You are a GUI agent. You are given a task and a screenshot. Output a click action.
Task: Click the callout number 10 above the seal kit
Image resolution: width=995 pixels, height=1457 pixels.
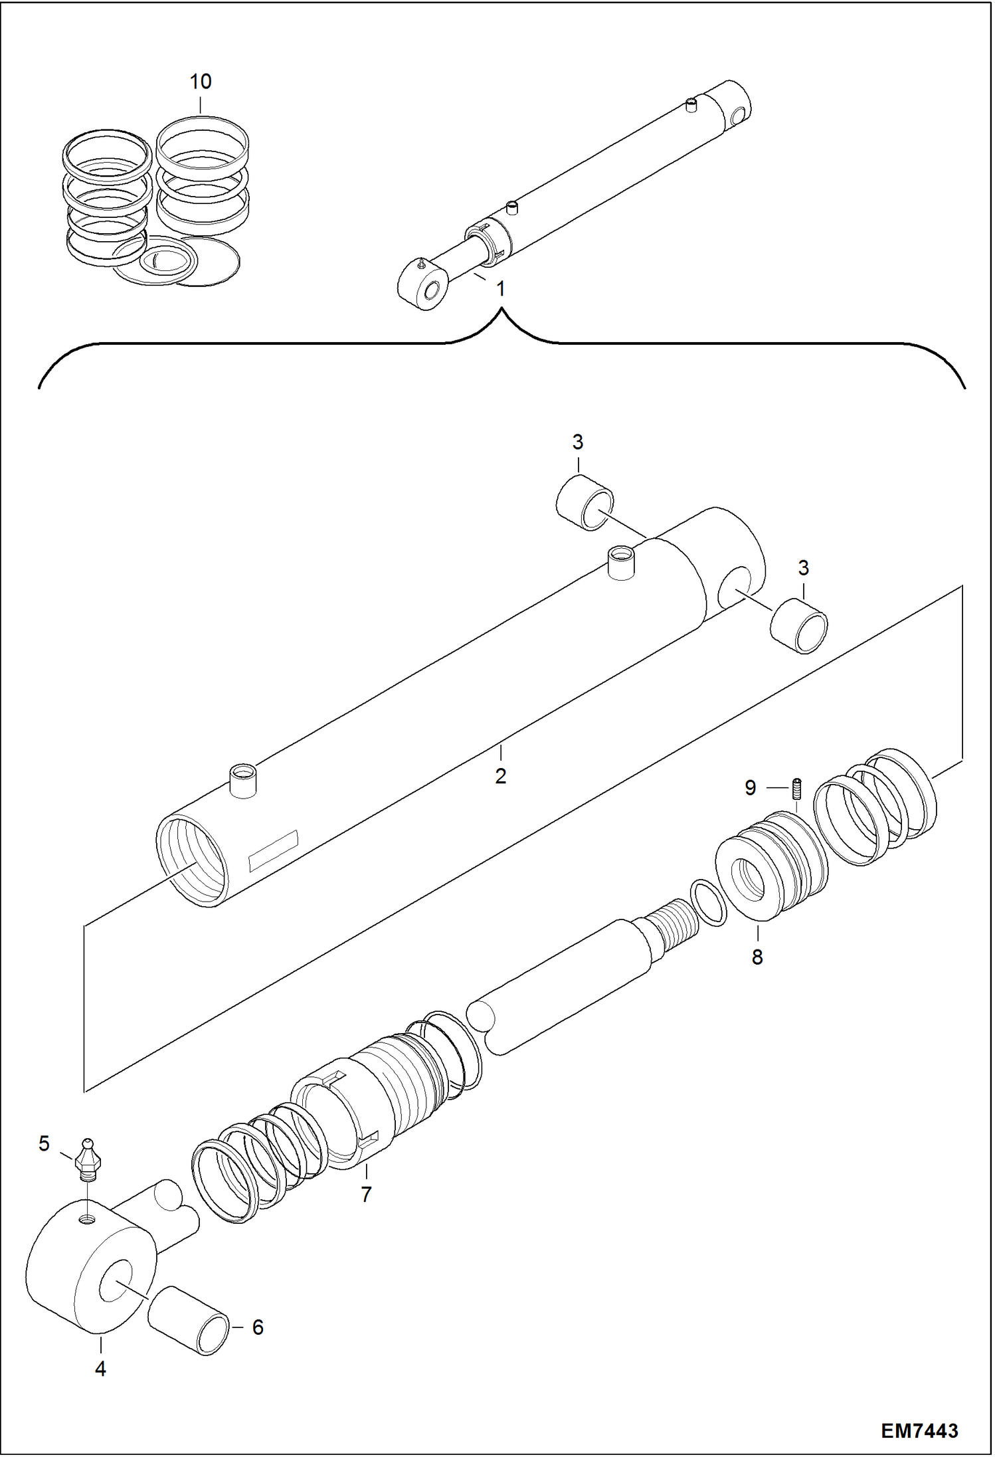click(201, 82)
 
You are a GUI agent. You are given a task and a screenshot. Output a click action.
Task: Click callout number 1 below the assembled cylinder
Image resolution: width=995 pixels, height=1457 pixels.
click(500, 289)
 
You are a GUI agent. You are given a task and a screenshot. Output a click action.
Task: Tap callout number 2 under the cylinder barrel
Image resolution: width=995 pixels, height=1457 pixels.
click(500, 775)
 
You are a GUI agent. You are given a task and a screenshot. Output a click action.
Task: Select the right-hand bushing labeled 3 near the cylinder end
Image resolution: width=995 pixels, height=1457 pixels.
click(799, 626)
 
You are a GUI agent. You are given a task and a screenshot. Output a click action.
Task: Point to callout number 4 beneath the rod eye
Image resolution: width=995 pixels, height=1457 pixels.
click(100, 1369)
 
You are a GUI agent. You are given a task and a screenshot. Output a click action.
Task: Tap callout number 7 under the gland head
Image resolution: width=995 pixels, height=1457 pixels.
click(366, 1194)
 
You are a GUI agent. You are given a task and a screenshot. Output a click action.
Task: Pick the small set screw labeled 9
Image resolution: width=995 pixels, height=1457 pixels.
click(798, 789)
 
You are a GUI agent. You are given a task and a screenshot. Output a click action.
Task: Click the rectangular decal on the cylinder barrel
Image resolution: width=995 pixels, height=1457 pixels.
click(273, 851)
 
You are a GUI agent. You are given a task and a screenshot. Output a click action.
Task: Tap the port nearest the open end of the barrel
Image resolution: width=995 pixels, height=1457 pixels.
click(243, 781)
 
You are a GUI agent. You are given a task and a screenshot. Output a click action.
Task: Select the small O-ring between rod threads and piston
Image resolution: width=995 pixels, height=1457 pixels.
click(708, 902)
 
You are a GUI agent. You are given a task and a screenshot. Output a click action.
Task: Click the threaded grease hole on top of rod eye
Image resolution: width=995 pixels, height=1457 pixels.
click(88, 1219)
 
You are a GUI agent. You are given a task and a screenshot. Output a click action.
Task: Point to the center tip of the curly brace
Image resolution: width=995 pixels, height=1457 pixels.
click(502, 310)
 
